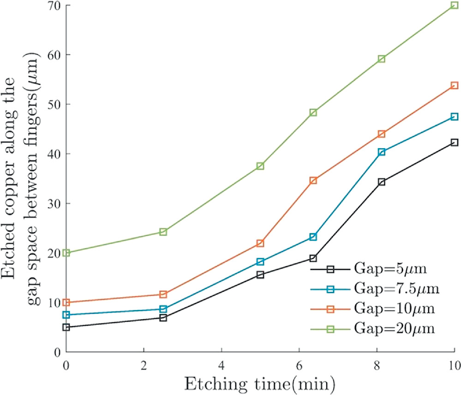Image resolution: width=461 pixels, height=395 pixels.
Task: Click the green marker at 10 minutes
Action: tap(455, 6)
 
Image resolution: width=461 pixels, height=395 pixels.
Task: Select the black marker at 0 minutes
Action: tap(66, 327)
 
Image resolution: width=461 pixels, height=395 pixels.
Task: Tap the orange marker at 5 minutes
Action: tap(260, 243)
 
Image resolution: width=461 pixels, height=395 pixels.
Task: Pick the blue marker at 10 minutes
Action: tap(455, 117)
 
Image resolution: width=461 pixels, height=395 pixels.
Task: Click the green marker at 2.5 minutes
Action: tap(163, 232)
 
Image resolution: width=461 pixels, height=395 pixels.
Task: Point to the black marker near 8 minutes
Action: tap(382, 182)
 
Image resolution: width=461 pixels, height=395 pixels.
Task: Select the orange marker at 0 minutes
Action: tap(66, 303)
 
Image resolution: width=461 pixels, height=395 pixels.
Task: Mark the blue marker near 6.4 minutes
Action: tap(313, 237)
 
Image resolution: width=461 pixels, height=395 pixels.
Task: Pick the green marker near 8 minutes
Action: tap(382, 59)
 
